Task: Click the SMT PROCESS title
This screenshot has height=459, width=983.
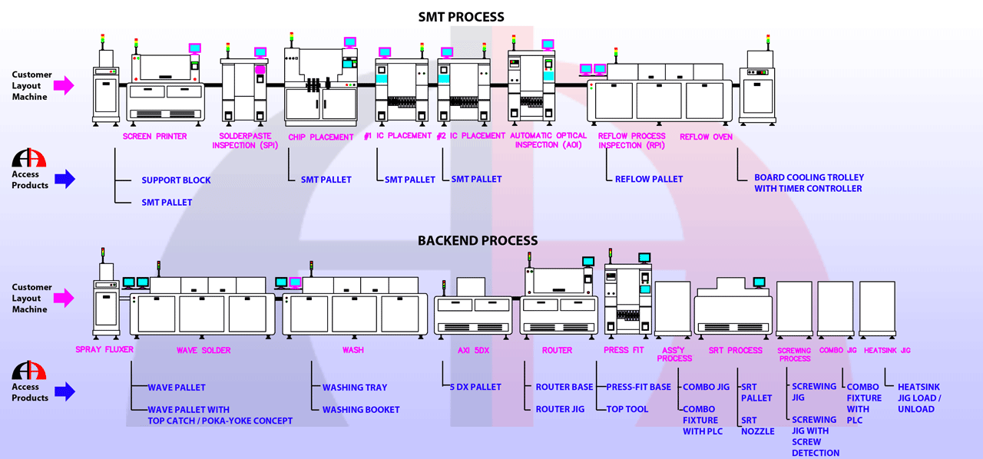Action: point(462,17)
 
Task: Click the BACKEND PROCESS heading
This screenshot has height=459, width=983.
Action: point(478,241)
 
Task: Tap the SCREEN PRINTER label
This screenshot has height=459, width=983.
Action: point(154,137)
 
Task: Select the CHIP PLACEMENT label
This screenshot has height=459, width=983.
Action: point(321,137)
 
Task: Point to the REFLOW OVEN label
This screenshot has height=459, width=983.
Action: point(706,137)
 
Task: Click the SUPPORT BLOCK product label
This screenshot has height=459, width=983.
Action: point(176,180)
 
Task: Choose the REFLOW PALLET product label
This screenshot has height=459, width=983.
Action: point(649,180)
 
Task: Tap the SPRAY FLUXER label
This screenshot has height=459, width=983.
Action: point(104,350)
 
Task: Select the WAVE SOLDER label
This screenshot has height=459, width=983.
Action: point(204,350)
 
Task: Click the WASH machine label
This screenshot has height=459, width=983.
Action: point(353,350)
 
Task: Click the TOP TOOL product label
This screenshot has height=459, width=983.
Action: point(627,409)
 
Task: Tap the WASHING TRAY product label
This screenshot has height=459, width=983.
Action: point(355,388)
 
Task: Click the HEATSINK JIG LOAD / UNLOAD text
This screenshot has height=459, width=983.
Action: point(918,398)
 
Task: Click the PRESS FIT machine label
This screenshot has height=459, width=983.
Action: point(624,350)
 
